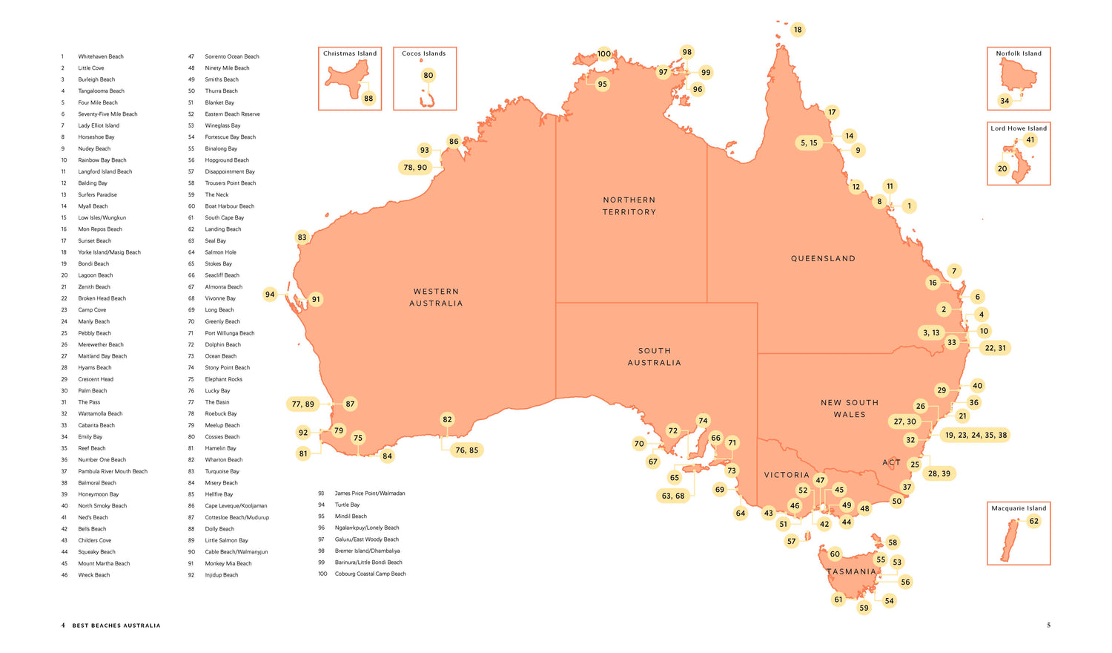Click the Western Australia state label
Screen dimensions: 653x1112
pyautogui.click(x=436, y=298)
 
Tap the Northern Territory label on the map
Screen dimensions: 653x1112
pyautogui.click(x=629, y=206)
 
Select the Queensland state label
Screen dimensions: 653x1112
pyautogui.click(x=823, y=259)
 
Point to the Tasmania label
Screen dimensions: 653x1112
pyautogui.click(x=852, y=572)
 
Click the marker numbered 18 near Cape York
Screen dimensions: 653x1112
pyautogui.click(x=798, y=30)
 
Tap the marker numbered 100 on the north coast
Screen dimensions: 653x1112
pyautogui.click(x=604, y=53)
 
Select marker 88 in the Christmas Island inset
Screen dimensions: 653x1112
pyautogui.click(x=368, y=99)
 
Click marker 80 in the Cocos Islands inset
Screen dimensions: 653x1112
pyautogui.click(x=428, y=75)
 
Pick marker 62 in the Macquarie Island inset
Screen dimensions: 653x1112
pyautogui.click(x=1033, y=521)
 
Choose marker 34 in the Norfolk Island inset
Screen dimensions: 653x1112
pyautogui.click(x=1005, y=101)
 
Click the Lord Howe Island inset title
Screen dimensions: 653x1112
pyautogui.click(x=1019, y=128)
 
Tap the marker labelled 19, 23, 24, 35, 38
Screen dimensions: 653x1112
pyautogui.click(x=975, y=436)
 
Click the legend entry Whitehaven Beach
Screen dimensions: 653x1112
pyautogui.click(x=101, y=56)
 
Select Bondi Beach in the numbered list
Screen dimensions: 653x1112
pyautogui.click(x=93, y=263)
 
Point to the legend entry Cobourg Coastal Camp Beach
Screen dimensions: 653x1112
pyautogui.click(x=370, y=574)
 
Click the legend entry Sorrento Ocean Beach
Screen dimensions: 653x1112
pyautogui.click(x=232, y=56)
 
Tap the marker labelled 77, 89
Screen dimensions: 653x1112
pyautogui.click(x=302, y=404)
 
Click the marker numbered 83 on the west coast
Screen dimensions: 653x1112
pyautogui.click(x=302, y=237)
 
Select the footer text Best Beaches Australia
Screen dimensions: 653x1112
pyautogui.click(x=116, y=626)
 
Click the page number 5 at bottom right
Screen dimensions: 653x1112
pyautogui.click(x=1048, y=625)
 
